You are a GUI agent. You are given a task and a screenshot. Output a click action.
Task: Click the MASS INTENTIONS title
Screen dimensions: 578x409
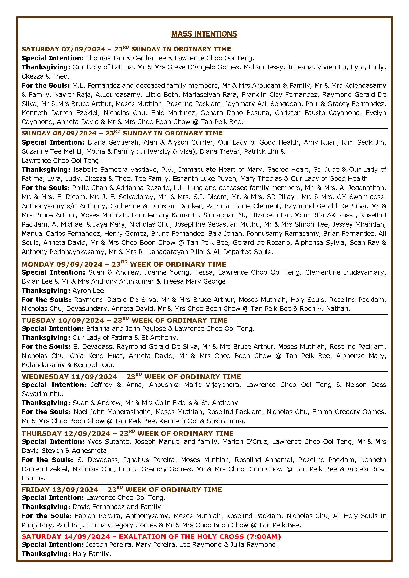(x=204, y=34)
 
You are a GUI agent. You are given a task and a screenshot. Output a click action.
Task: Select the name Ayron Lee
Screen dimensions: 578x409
(x=89, y=291)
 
